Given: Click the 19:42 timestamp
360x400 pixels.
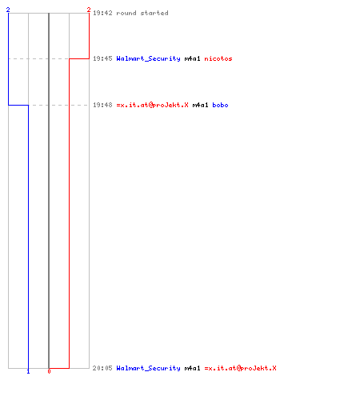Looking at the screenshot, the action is click(102, 13).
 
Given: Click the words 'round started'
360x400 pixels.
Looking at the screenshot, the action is click(142, 13).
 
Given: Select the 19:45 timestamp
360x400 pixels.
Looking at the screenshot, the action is click(102, 58).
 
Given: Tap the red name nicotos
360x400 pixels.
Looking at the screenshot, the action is click(218, 58).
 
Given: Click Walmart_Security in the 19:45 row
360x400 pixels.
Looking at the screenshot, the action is click(148, 58).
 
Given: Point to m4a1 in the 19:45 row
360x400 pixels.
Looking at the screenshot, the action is click(192, 58).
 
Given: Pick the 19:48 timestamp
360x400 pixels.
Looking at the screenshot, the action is click(102, 105).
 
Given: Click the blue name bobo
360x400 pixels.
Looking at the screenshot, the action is click(220, 105).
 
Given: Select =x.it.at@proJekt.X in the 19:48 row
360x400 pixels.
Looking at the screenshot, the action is click(152, 105).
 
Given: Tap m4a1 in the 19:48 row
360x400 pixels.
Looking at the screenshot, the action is click(200, 105).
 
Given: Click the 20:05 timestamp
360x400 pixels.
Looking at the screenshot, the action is click(102, 368).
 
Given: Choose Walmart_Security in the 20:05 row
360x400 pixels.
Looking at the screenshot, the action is click(148, 368).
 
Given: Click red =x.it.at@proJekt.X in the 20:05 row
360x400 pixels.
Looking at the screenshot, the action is click(240, 368).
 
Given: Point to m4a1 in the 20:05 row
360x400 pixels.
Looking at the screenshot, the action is click(192, 368).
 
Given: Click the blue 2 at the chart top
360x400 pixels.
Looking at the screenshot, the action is click(8, 10).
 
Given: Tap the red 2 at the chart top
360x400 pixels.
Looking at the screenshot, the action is click(89, 10).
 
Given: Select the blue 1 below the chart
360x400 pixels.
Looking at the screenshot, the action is click(28, 371).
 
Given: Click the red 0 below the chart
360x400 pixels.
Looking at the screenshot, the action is click(49, 371).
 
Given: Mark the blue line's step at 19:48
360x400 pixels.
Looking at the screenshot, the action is click(18, 105).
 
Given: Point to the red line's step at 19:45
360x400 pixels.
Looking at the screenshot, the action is click(79, 58).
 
